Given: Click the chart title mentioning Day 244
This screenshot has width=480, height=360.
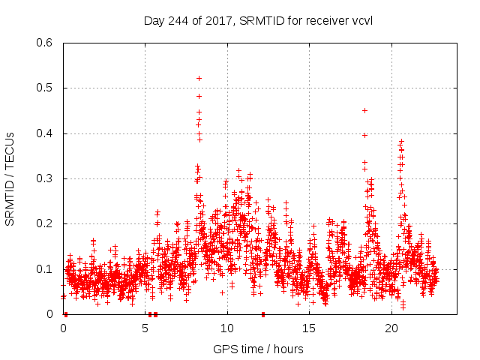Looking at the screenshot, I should tap(258, 20).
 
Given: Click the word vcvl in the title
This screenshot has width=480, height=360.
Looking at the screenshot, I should tap(361, 20).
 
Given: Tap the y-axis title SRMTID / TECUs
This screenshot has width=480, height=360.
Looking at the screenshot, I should tap(10, 178).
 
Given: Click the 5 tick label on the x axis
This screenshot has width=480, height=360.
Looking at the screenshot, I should tap(145, 328).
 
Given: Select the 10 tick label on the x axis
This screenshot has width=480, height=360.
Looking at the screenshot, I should tap(227, 328).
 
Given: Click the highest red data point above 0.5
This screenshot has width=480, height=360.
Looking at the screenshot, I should tap(199, 78).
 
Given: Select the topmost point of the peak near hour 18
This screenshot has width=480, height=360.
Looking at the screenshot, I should tap(364, 110).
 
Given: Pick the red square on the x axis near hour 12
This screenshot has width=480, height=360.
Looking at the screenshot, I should tap(263, 314).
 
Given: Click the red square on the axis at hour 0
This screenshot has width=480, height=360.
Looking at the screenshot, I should tap(66, 314).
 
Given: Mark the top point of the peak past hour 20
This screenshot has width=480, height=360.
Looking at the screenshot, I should tap(401, 141).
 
